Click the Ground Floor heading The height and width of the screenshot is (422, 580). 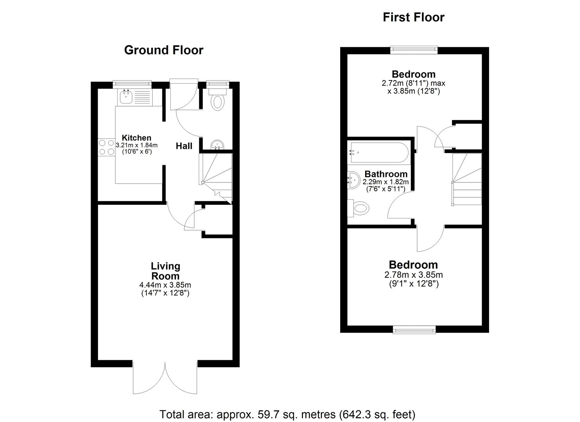[164, 50]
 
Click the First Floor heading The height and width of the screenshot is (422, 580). [413, 18]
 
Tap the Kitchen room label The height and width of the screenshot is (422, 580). [136, 138]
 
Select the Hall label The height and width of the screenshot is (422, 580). [184, 146]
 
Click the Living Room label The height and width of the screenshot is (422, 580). [165, 271]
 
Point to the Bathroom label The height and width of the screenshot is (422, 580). [385, 174]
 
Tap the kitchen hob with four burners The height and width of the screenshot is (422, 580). [106, 148]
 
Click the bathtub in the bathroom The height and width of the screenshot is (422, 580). [378, 152]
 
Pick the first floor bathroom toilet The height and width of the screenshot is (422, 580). [359, 208]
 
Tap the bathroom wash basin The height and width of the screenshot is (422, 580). [354, 181]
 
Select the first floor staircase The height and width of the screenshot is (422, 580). [466, 179]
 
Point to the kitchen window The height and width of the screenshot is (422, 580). [132, 83]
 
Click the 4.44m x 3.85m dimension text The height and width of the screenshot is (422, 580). [165, 285]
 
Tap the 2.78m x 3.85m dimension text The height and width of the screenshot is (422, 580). [413, 275]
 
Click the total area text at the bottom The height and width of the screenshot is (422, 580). [287, 414]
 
